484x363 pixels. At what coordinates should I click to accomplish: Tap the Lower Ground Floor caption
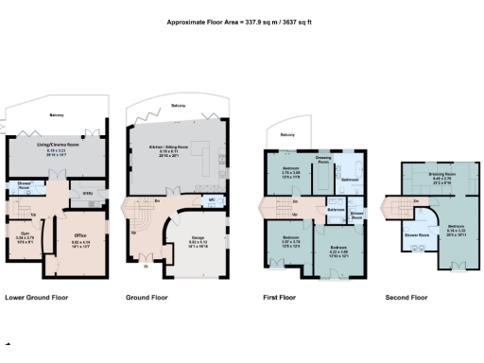pos(36,297)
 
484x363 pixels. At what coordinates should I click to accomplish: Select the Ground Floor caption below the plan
pos(147,297)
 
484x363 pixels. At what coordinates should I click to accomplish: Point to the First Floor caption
pos(279,297)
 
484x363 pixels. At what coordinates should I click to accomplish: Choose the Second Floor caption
pos(406,297)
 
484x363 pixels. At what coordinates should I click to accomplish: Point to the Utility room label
pos(87,195)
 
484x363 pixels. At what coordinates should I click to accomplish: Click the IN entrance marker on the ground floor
pos(147,268)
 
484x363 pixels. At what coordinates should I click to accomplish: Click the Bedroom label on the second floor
pos(456,226)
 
